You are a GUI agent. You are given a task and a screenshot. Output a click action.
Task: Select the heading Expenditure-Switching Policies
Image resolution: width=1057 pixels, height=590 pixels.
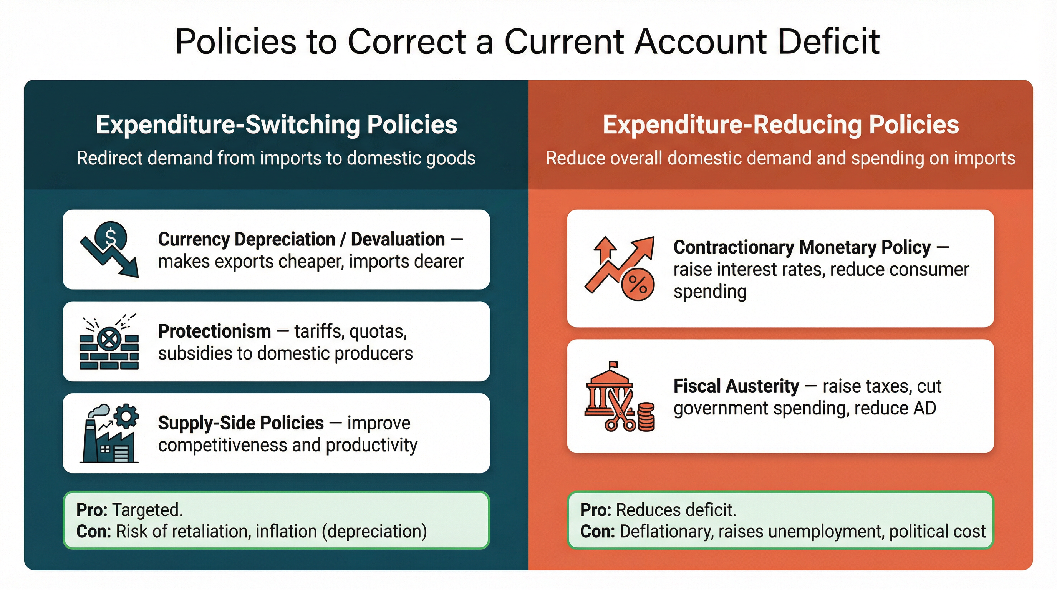point(276,124)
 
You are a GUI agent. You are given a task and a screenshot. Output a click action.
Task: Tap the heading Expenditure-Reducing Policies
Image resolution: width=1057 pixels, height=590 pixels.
point(780,124)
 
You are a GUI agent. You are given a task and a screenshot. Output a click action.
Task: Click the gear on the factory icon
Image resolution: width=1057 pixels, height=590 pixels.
point(126,416)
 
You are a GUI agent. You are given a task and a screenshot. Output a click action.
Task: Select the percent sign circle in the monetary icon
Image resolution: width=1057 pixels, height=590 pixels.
point(638,284)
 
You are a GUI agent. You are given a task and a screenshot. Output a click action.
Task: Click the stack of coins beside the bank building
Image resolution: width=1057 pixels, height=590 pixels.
point(646,417)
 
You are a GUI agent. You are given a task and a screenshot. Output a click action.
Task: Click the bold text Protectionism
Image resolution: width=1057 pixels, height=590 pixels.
point(214,331)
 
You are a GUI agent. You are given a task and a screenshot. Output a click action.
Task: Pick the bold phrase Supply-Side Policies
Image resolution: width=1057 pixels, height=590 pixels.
point(241,423)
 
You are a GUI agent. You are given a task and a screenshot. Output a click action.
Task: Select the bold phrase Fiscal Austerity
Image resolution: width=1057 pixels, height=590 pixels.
point(736,386)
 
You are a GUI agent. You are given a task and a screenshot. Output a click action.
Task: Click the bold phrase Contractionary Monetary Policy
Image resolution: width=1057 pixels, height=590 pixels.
point(802,247)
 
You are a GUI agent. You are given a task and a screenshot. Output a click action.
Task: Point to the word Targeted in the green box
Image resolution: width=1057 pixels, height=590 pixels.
point(147,510)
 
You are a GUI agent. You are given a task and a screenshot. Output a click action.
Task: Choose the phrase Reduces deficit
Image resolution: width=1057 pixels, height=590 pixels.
point(676,510)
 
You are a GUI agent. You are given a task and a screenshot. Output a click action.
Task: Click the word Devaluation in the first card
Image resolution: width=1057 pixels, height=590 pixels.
point(397,239)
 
